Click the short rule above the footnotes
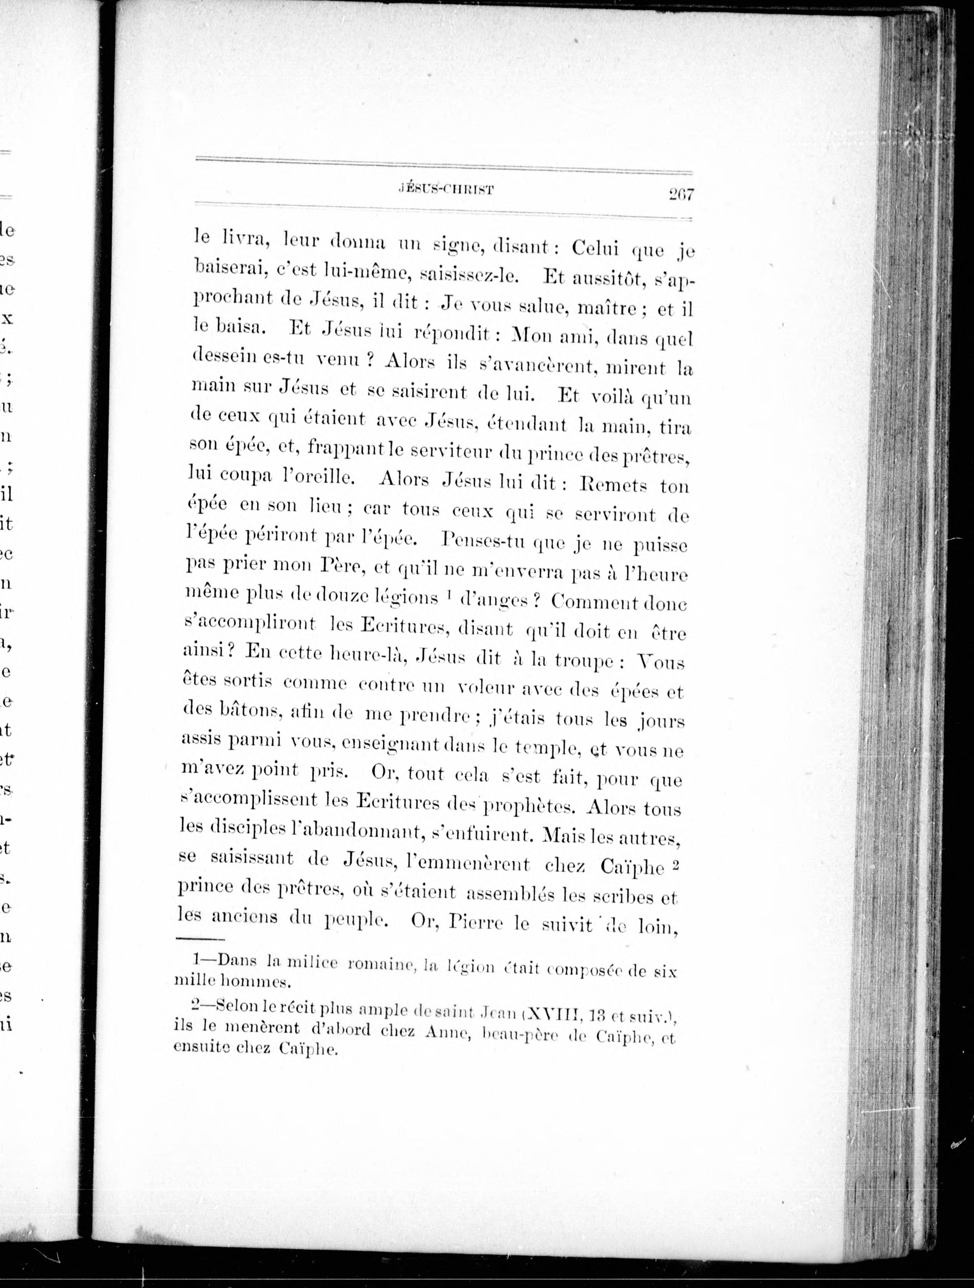pos(200,939)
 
